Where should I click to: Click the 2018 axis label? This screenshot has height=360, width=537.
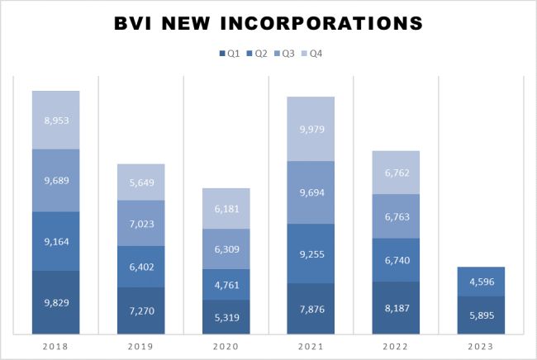coord(55,348)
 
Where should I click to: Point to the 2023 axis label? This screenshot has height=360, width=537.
coord(480,348)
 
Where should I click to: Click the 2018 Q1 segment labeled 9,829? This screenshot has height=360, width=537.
coord(56,303)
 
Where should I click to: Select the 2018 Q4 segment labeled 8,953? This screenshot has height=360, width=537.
coord(56,120)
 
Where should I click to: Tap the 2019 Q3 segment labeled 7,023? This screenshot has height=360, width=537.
coord(140,223)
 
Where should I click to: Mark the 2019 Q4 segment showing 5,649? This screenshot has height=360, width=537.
coord(140,182)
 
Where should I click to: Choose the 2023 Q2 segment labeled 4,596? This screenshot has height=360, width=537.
coord(481,281)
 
